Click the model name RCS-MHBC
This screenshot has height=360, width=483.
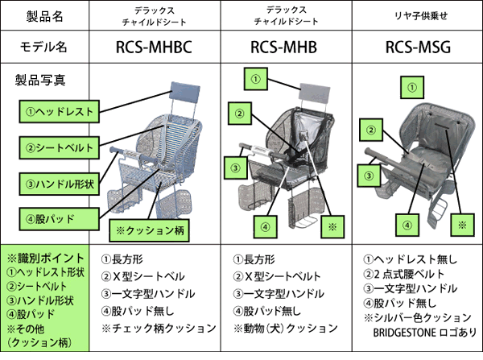[154, 48]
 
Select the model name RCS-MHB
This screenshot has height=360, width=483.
[283, 48]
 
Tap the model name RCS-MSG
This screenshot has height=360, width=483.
[418, 48]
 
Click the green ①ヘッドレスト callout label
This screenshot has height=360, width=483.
[59, 112]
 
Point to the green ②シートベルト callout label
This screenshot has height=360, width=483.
[59, 147]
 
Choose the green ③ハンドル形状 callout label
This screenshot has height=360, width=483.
[59, 184]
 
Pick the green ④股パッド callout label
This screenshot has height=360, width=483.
[59, 219]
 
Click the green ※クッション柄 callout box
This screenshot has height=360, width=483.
[150, 230]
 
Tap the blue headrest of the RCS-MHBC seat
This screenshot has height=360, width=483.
[185, 93]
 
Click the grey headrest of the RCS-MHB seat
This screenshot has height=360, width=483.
[315, 93]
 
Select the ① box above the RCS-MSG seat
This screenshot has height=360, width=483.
[412, 88]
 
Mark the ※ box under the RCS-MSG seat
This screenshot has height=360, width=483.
[462, 225]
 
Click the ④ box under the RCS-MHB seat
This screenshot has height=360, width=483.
[265, 227]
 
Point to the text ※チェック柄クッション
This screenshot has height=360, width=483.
[159, 328]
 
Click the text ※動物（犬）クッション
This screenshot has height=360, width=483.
[286, 329]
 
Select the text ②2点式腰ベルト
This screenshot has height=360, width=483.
[404, 274]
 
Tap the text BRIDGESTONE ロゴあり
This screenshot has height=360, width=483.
[425, 333]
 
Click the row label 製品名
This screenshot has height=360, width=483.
[44, 16]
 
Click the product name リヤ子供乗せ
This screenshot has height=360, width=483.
[421, 16]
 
